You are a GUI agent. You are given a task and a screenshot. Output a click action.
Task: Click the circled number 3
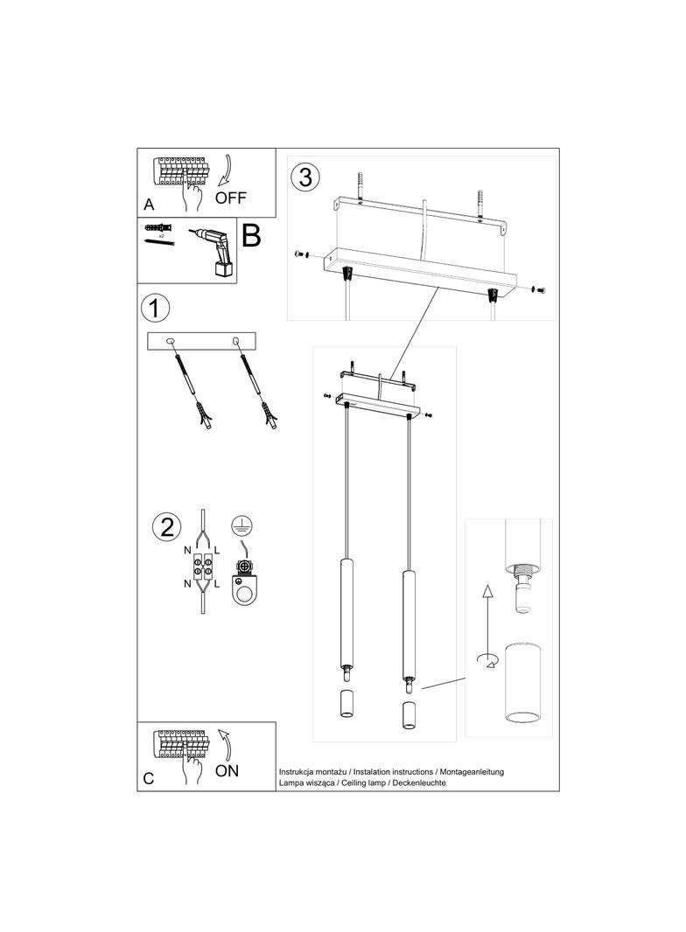[304, 177]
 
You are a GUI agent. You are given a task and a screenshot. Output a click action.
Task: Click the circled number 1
[155, 309]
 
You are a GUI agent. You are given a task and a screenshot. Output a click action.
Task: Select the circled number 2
[166, 527]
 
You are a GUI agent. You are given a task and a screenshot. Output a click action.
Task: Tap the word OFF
[231, 197]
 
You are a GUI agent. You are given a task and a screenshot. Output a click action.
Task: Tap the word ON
[227, 770]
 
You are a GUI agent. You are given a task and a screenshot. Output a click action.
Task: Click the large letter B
[250, 236]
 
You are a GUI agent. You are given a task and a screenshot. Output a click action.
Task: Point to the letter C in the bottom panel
[148, 779]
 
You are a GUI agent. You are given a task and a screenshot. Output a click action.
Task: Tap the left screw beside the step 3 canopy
[299, 253]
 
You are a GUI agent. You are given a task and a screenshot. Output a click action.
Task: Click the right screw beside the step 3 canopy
[537, 288]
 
